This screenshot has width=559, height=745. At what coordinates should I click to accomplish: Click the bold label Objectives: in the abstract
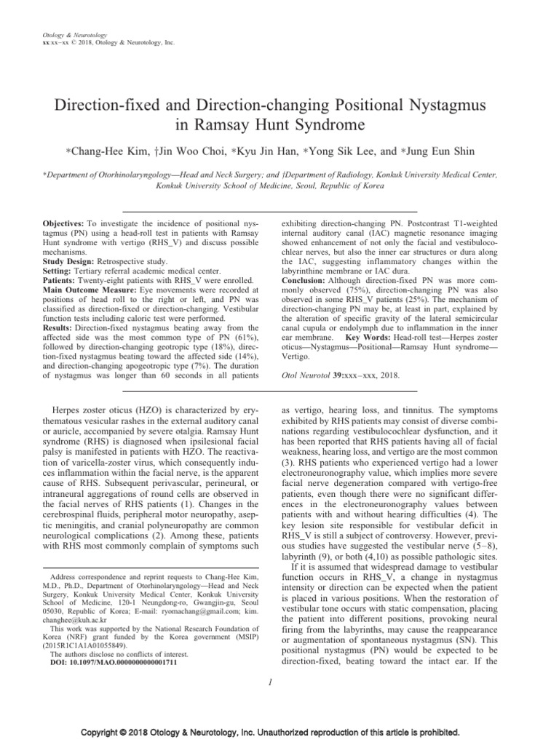(65, 219)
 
